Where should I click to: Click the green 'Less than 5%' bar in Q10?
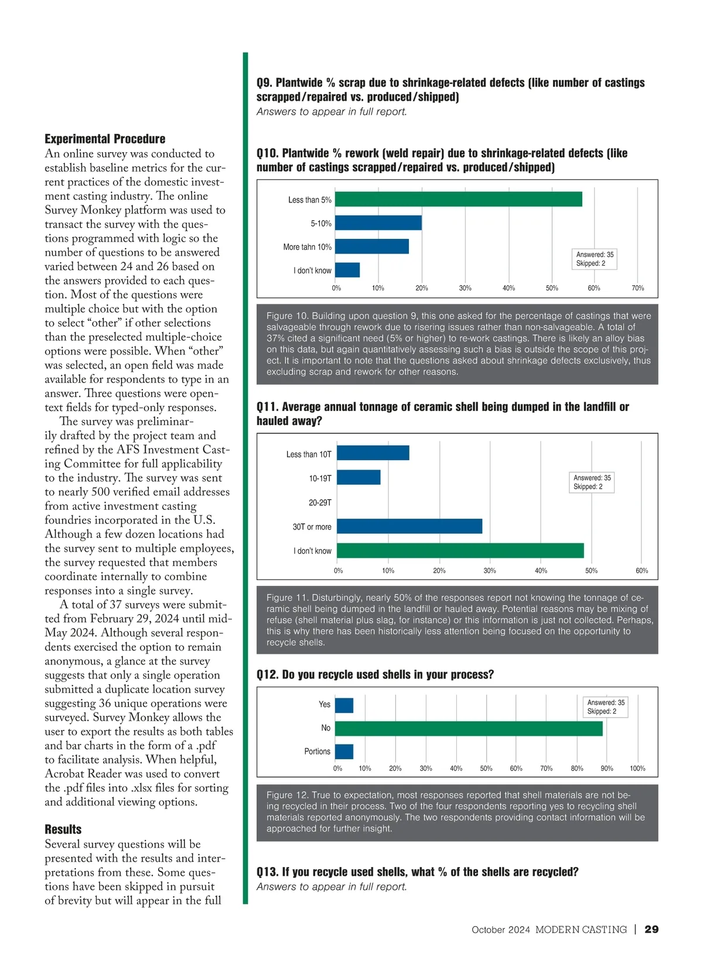458,199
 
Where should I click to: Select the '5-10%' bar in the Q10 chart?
378,223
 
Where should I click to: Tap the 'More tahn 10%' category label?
307,247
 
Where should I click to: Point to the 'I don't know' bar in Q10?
347,270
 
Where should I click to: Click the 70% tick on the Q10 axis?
637,288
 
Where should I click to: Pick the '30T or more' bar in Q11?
409,526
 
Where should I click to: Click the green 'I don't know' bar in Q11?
460,551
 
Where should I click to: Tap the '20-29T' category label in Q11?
320,503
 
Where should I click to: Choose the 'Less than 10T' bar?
373,453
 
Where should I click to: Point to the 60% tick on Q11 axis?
641,571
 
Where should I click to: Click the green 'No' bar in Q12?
469,728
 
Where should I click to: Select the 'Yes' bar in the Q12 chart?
344,705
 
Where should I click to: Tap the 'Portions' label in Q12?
317,752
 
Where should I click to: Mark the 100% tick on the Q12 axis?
637,769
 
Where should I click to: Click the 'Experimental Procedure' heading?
105,139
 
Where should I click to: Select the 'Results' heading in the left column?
63,830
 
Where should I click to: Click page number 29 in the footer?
651,930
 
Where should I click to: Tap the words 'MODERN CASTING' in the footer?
581,930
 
